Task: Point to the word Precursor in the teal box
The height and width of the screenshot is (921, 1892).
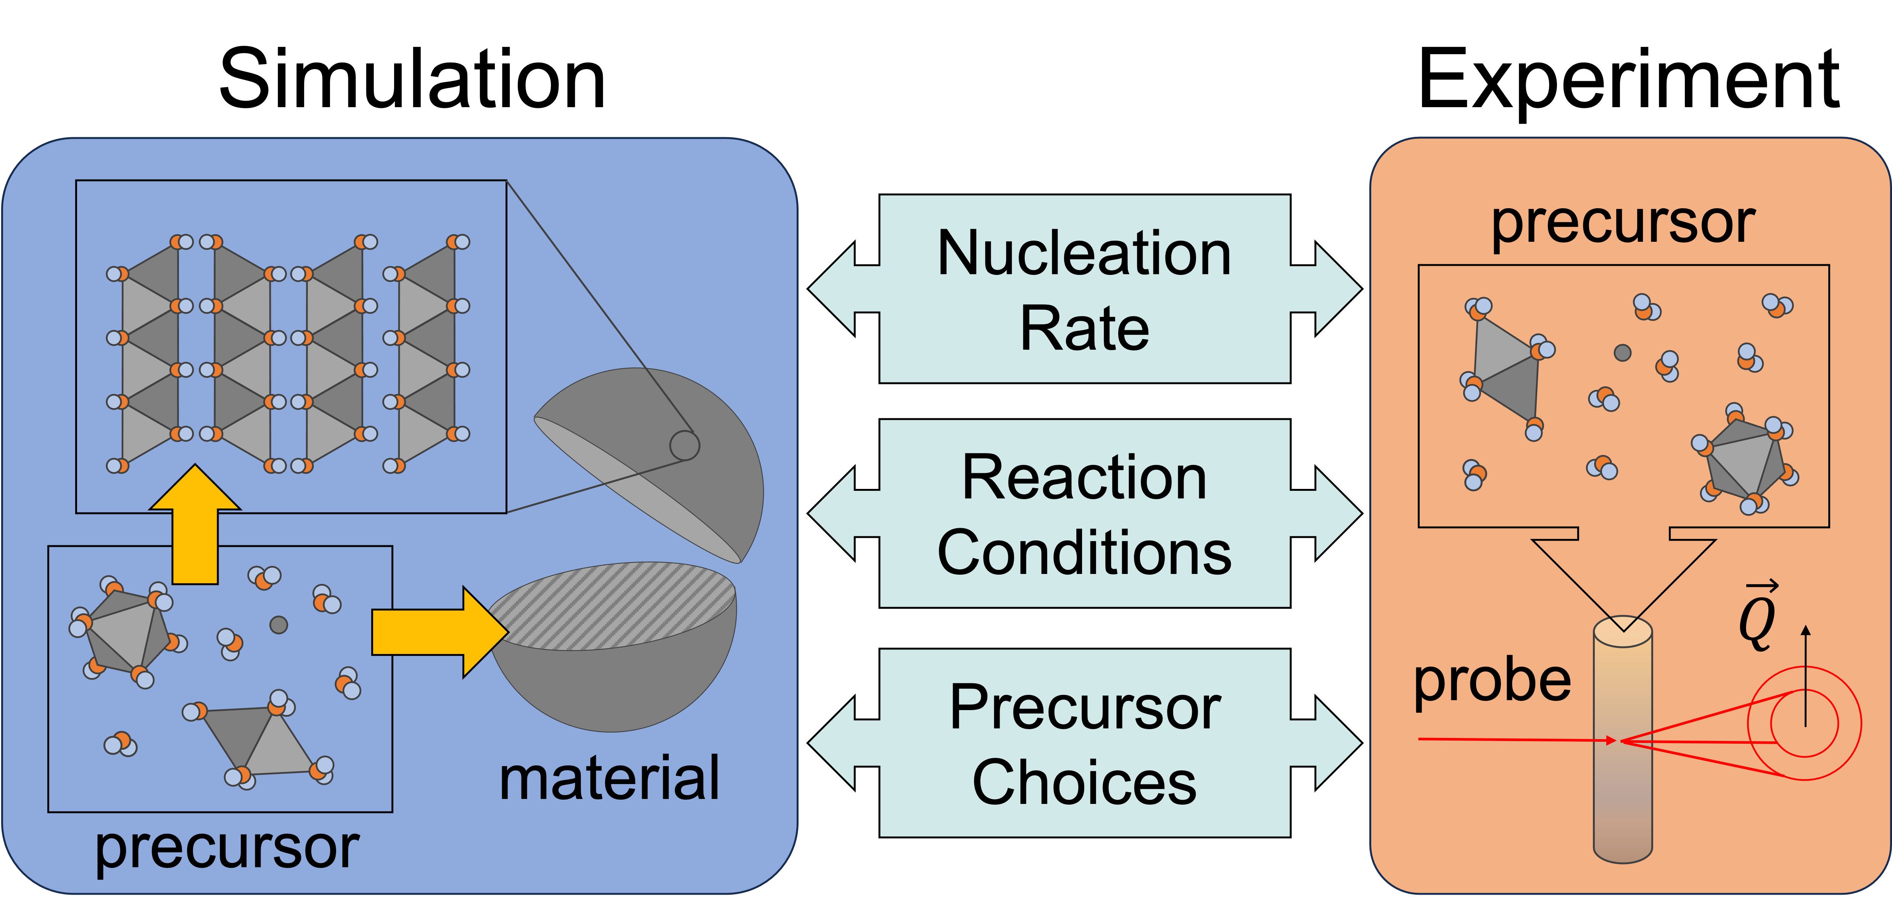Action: pyautogui.click(x=1084, y=707)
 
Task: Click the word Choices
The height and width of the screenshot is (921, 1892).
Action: pyautogui.click(x=1084, y=783)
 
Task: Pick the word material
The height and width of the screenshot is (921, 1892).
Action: pyautogui.click(x=609, y=778)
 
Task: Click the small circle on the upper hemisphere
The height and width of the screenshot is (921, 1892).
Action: pyautogui.click(x=684, y=445)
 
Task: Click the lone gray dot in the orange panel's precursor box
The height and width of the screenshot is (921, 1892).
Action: pyautogui.click(x=1622, y=352)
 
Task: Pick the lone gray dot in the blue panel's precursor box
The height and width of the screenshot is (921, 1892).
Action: pyautogui.click(x=279, y=625)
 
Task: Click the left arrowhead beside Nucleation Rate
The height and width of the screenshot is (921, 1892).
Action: pyautogui.click(x=834, y=289)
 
